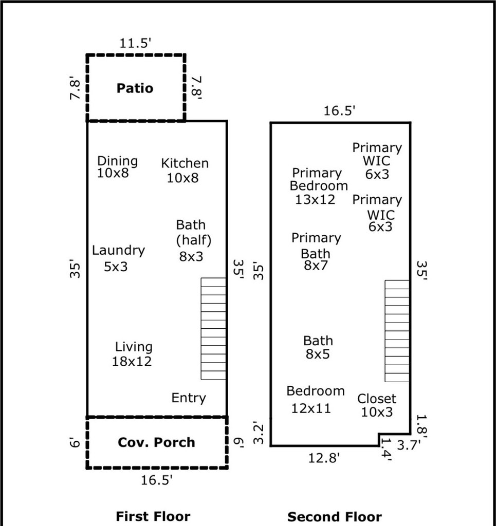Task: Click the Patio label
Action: point(135,88)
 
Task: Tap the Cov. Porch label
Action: point(156,442)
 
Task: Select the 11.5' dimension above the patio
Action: point(135,43)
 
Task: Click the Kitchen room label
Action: point(185,171)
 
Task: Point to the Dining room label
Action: point(117,167)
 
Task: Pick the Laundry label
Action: point(118,258)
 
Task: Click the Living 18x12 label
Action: point(133,354)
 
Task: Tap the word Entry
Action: point(189,398)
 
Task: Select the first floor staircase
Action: point(213,329)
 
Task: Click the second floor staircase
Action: point(397,331)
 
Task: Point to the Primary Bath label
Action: point(316,252)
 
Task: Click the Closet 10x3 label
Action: point(377,405)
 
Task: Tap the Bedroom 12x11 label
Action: point(316,400)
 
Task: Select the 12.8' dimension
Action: point(324,458)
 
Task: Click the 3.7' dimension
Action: point(409,445)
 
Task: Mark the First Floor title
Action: point(153,516)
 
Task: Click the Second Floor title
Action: point(335,517)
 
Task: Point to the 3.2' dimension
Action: point(260,433)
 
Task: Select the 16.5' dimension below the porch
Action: point(157,480)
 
